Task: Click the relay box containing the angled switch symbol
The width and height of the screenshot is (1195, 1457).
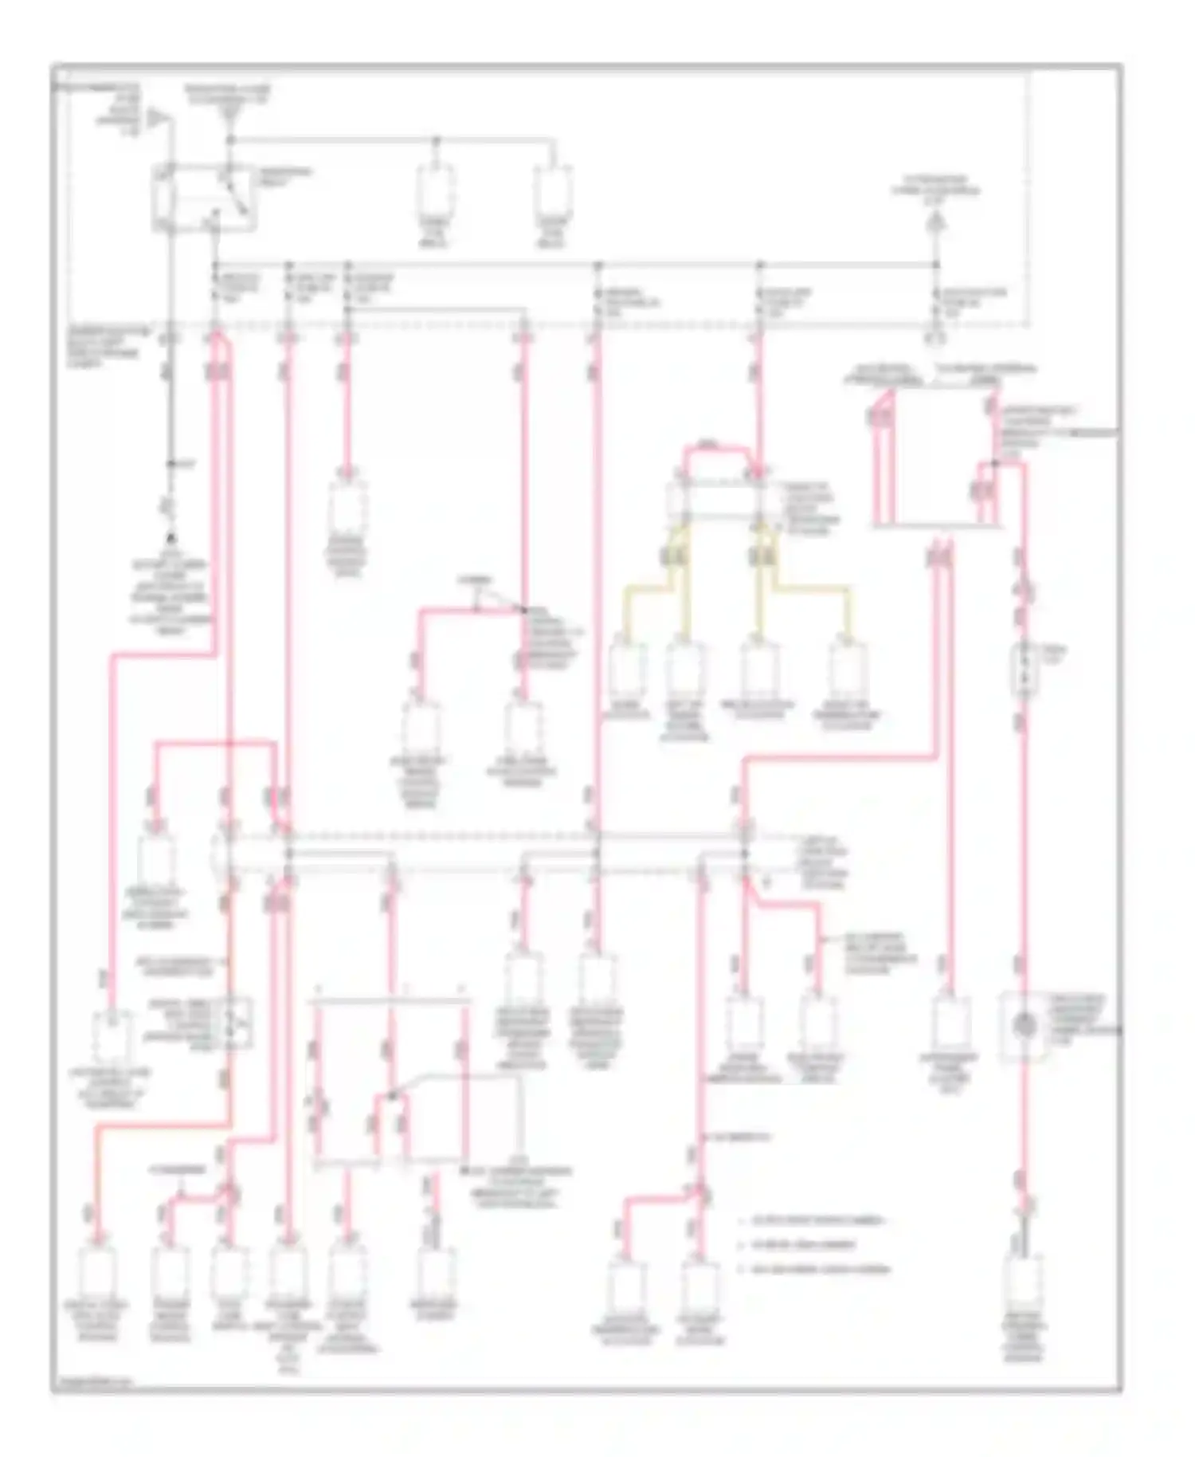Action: click(x=205, y=199)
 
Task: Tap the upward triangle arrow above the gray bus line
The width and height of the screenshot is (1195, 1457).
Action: click(x=936, y=226)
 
